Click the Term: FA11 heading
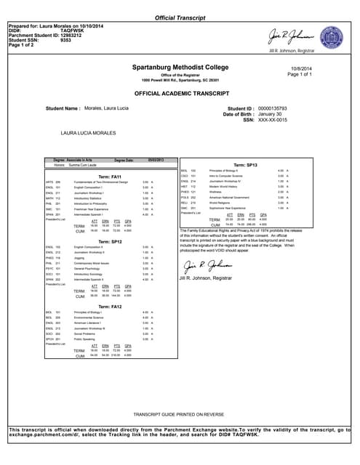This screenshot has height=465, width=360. pos(109,177)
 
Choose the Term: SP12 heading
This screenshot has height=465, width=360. pos(109,241)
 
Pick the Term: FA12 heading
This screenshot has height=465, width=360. pos(109,306)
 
